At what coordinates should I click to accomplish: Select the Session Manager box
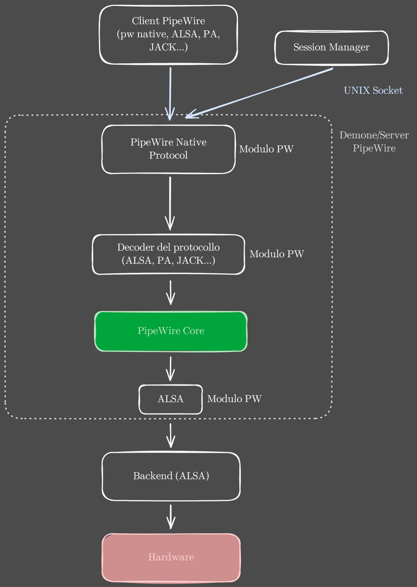(331, 47)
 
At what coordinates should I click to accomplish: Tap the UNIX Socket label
(373, 90)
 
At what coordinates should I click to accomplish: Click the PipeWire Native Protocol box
(168, 149)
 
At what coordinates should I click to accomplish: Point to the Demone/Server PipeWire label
(374, 141)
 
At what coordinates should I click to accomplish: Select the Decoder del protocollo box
(168, 254)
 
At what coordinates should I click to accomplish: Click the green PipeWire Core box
(171, 331)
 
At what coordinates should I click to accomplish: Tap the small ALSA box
(171, 399)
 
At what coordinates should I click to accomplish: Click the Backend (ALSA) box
(171, 476)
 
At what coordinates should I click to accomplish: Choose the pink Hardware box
(171, 557)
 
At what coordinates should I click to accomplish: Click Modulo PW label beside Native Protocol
(266, 149)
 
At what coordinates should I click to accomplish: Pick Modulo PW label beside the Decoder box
(277, 254)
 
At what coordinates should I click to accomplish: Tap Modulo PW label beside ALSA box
(234, 399)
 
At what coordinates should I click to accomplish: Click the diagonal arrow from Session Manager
(259, 92)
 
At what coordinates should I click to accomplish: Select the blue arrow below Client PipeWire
(170, 92)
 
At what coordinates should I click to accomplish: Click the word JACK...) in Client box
(169, 47)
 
